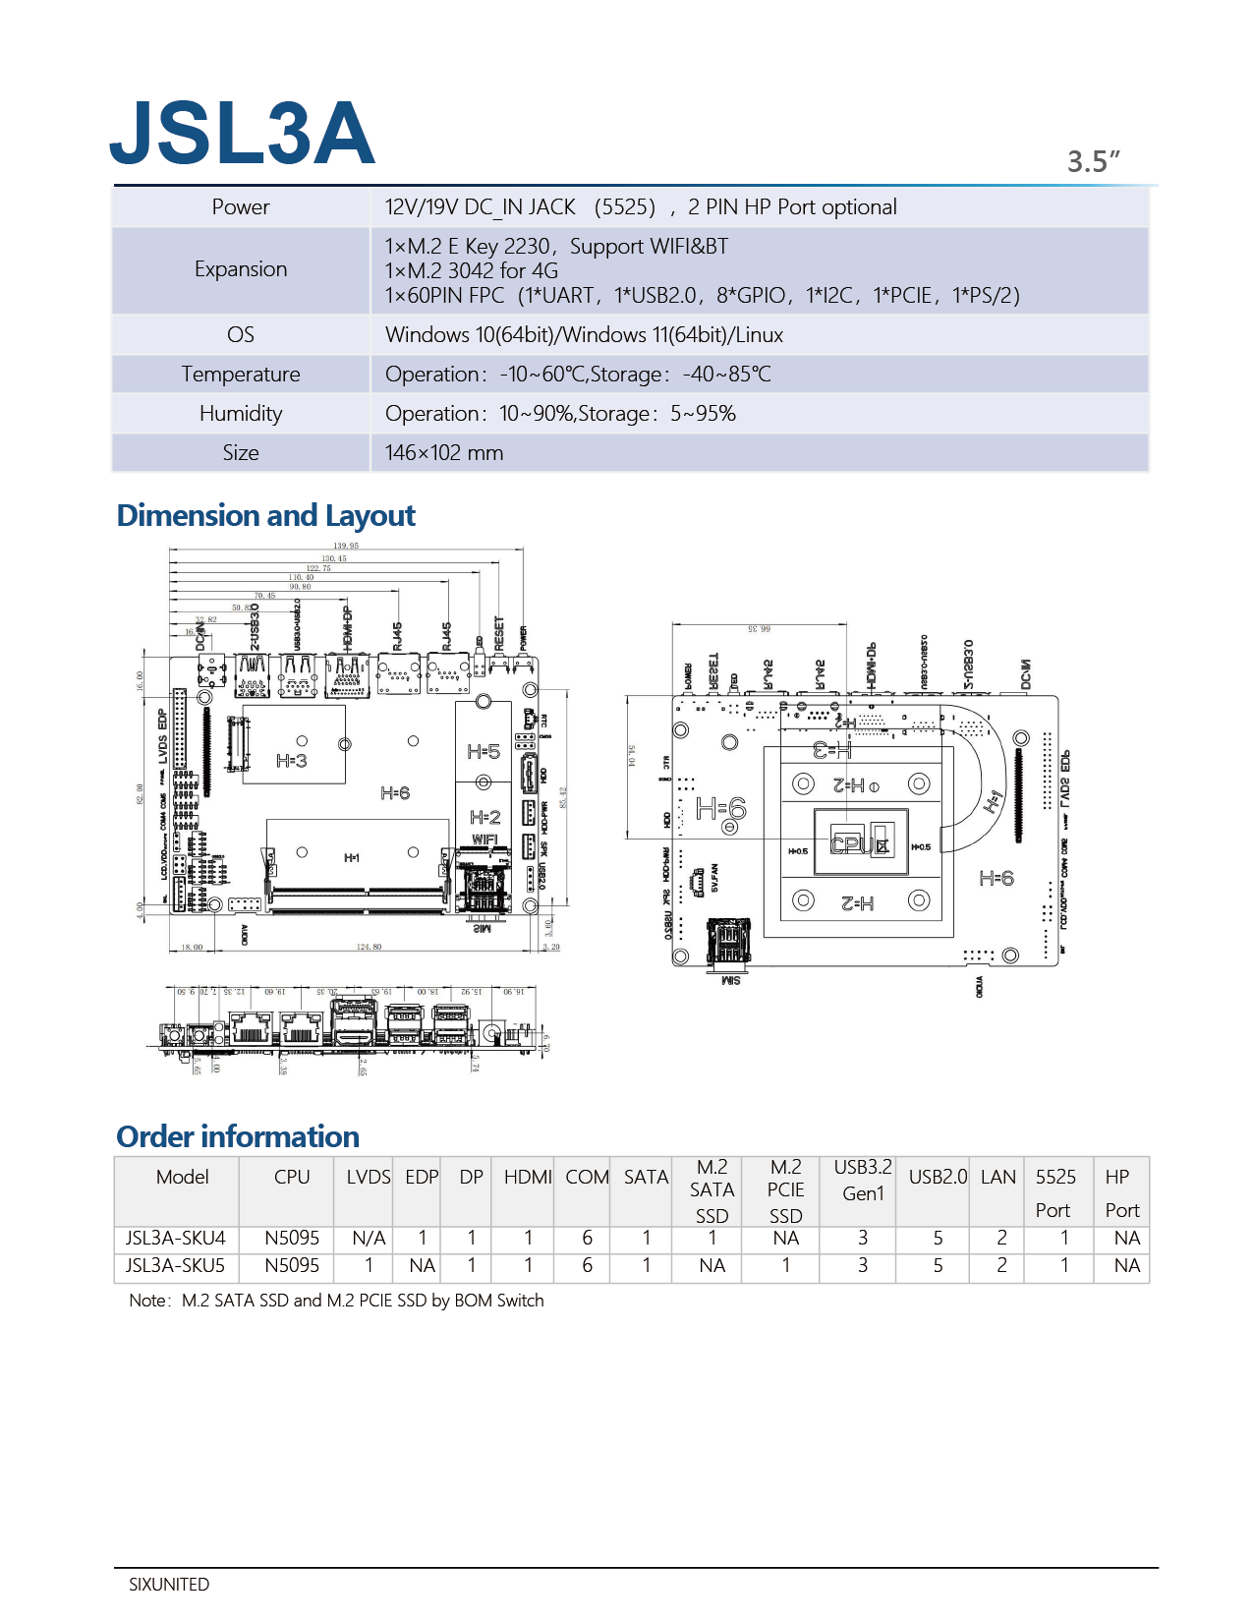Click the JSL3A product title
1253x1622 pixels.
[x=242, y=133]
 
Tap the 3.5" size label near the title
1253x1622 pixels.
[x=1093, y=161]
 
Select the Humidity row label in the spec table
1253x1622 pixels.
[x=241, y=414]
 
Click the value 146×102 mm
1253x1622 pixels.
[x=444, y=453]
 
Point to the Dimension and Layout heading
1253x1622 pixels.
[x=265, y=516]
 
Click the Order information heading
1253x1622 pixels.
[x=238, y=1137]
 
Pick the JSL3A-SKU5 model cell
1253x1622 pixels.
[x=175, y=1266]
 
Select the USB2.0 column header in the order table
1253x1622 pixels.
[x=938, y=1177]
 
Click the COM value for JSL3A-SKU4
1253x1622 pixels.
[x=587, y=1239]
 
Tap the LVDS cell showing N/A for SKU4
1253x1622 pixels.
[x=369, y=1239]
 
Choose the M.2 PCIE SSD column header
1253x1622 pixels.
[x=785, y=1190]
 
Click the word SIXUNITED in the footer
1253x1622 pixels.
[x=169, y=1585]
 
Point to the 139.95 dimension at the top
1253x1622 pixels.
[x=346, y=546]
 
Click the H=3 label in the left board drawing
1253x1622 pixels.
[x=291, y=760]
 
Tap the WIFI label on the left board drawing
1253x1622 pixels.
[x=484, y=840]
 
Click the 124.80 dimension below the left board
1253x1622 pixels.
[x=369, y=947]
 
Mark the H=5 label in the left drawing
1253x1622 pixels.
[x=483, y=752]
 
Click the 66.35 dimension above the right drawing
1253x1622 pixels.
[x=760, y=628]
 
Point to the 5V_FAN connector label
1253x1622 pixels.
[x=714, y=877]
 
